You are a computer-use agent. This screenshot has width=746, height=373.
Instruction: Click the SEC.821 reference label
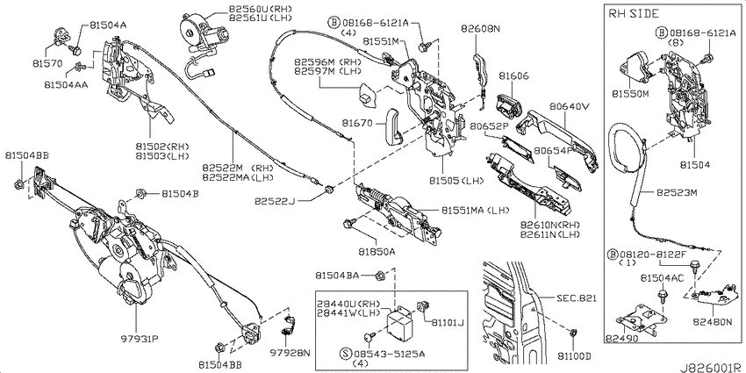point(576,298)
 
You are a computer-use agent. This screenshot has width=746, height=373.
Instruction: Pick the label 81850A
point(377,252)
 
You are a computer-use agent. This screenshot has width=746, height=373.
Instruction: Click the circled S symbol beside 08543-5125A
point(346,354)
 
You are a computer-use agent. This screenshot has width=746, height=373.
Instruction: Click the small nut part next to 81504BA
point(380,275)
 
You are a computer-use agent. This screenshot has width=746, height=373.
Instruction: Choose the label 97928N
point(291,353)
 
